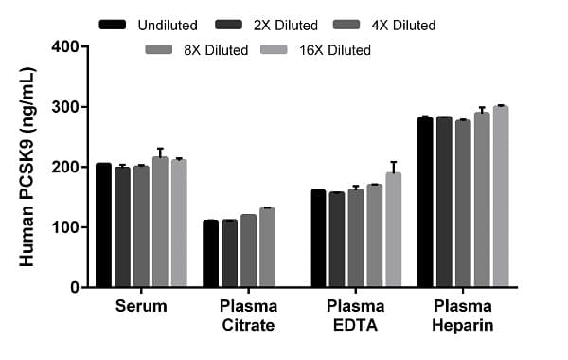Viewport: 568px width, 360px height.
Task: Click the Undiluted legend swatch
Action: tap(113, 23)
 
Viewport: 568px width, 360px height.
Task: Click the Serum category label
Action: tap(141, 307)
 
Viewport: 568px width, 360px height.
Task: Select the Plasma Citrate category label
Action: tap(248, 316)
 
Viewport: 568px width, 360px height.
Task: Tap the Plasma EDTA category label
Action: tap(356, 316)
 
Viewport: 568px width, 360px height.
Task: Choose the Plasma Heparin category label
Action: tap(463, 316)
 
